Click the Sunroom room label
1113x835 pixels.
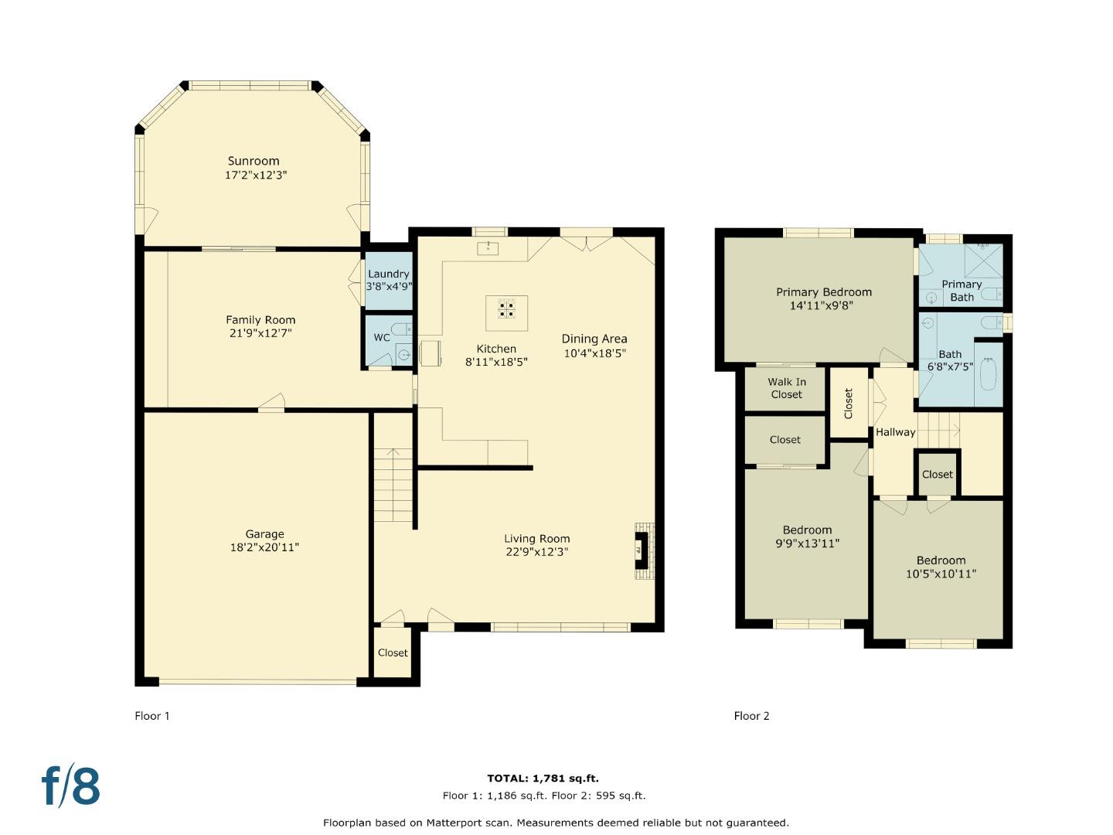pos(254,162)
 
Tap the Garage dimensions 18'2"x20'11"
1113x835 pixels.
pos(264,547)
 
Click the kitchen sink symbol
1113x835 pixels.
pos(487,248)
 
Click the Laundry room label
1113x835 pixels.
pos(389,274)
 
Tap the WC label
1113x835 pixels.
pos(381,338)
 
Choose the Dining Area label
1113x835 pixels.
pos(594,339)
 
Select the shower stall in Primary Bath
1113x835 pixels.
pos(983,261)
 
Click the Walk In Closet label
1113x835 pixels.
pos(787,388)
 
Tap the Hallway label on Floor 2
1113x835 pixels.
pos(896,432)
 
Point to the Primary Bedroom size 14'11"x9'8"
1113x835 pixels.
pos(822,305)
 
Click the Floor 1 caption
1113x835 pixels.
pos(152,716)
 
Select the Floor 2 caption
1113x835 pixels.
pos(751,716)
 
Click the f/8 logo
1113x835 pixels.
pos(71,786)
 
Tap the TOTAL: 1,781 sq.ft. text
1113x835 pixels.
pos(543,779)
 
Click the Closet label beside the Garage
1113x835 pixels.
pos(393,653)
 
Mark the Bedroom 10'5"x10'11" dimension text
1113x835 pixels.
pos(941,574)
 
